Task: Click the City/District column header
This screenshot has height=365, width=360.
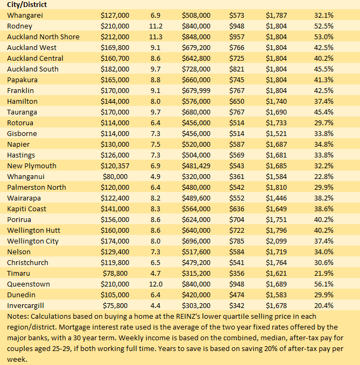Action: (26, 5)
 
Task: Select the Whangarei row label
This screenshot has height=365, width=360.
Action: (25, 15)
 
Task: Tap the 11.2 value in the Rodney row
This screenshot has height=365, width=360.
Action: (156, 26)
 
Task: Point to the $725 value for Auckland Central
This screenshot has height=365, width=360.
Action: (236, 58)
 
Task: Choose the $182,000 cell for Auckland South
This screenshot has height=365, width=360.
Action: (115, 69)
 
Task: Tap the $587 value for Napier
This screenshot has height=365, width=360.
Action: (236, 144)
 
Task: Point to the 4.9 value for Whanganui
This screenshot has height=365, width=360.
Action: (156, 176)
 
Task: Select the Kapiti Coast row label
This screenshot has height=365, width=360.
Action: (27, 209)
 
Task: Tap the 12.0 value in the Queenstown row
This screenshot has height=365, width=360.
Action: (156, 284)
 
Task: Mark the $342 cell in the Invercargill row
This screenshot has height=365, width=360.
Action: (236, 305)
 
